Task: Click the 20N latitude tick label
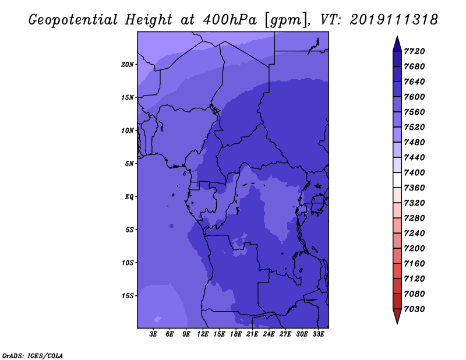click(x=128, y=65)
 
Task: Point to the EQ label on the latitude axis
click(x=129, y=197)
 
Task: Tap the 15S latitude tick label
click(x=128, y=296)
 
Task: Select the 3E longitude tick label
click(x=153, y=334)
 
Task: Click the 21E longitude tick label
click(x=252, y=334)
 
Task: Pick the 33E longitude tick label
click(x=318, y=334)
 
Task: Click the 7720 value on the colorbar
click(x=414, y=51)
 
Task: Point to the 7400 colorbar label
click(x=414, y=172)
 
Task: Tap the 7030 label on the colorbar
click(x=414, y=309)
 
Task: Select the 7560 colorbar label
click(x=414, y=112)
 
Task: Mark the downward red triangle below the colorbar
click(x=397, y=316)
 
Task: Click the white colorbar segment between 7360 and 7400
click(x=397, y=180)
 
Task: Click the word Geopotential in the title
click(x=73, y=20)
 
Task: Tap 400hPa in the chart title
click(x=230, y=20)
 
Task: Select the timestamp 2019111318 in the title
click(x=394, y=20)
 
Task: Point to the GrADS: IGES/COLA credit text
click(x=33, y=356)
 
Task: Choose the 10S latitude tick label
click(x=128, y=263)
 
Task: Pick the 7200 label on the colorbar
click(x=414, y=249)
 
